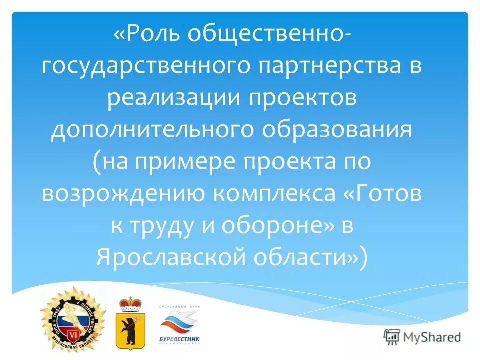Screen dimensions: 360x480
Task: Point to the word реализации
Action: tap(172, 98)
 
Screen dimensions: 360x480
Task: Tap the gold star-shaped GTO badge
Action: tap(73, 320)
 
